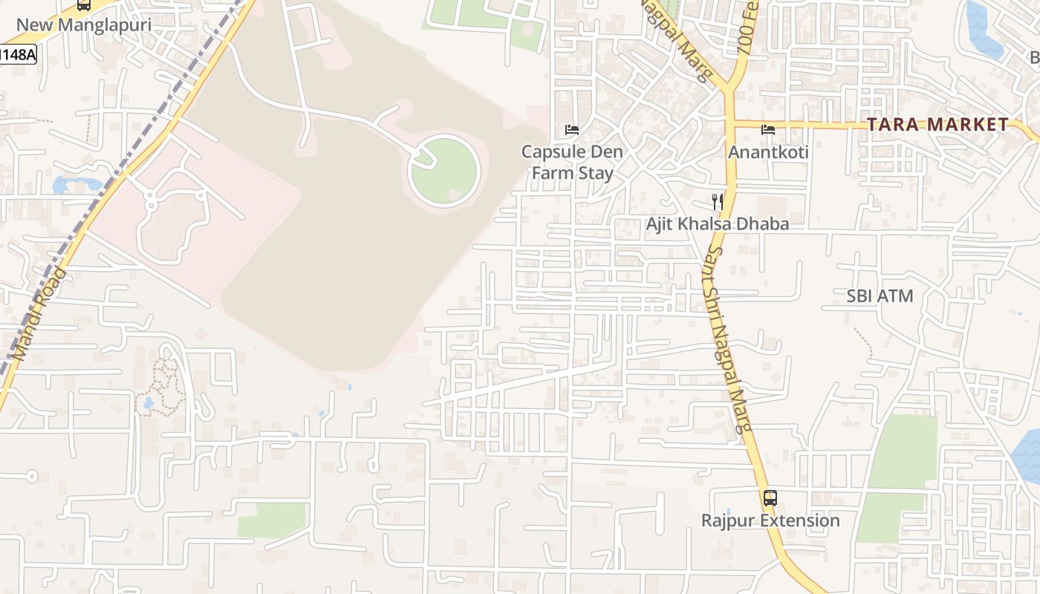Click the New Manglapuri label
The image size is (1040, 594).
[x=83, y=25]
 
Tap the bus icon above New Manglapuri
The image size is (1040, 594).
[x=84, y=4]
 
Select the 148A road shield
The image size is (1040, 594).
[x=18, y=54]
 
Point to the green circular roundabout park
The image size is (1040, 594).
[x=444, y=172]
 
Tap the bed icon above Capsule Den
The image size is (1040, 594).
[x=572, y=130]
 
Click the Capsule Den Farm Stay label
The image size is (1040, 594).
[x=571, y=163]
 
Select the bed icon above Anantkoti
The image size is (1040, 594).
[x=768, y=130]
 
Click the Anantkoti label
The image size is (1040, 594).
[x=768, y=152]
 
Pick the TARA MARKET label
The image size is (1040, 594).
[x=937, y=125]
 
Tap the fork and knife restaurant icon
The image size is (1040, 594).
[x=717, y=201]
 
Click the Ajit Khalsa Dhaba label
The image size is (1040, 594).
[x=717, y=223]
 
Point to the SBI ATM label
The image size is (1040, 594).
[x=880, y=296]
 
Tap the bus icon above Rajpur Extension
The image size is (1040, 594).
[x=770, y=497]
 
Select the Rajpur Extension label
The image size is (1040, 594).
[x=770, y=520]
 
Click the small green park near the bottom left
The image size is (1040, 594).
[x=272, y=520]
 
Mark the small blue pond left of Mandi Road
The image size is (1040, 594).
[x=74, y=183]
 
